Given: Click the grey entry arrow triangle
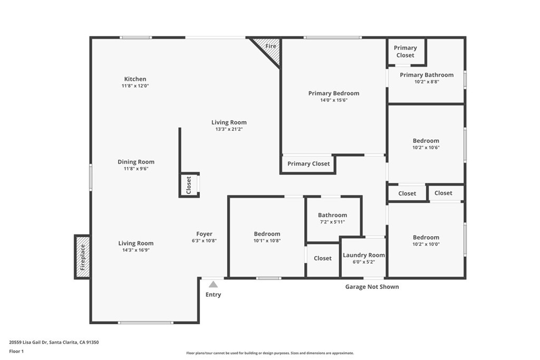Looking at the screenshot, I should pos(213,285).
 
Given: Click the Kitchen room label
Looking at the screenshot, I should pos(135,79).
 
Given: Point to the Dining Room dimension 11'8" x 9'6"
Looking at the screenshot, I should pos(136,169).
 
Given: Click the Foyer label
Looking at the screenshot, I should pos(204,234).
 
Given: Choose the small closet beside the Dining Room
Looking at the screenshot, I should pos(189,185).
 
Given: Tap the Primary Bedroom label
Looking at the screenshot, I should pos(333,93).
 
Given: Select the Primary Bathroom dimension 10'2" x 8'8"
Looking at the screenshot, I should pos(426,82).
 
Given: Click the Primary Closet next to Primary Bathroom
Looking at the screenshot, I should pos(405,51).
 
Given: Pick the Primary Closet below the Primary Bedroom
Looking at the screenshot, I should pos(308,164).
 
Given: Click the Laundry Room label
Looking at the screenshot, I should pos(363,255).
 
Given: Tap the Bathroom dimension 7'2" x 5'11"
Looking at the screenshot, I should pos(332,222).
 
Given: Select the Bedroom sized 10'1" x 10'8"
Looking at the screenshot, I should pos(267,234).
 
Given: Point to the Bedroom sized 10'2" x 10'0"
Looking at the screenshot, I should pos(426,238).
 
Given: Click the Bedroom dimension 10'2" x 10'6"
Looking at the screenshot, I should pos(426,148).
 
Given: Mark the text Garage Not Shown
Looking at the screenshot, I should pos(372,287).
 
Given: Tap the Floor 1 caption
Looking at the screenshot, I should pos(17,351).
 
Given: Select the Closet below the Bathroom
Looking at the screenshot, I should pos(322,258).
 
